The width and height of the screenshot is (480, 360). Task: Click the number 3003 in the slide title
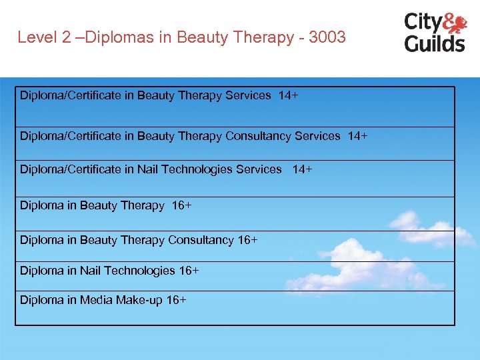coord(327,37)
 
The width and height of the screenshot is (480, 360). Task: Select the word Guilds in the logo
coord(434,43)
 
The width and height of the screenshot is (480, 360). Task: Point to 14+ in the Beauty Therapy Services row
coord(288,95)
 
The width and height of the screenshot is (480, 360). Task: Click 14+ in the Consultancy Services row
coord(357,136)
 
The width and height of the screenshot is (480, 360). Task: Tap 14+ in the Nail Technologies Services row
coord(302,169)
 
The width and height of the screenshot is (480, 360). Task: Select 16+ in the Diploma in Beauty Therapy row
coord(181,205)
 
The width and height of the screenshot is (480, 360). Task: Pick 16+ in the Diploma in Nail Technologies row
coord(189,270)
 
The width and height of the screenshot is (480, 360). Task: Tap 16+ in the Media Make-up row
coord(176,300)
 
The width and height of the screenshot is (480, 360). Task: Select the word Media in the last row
coord(96,300)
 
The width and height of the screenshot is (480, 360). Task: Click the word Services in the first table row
coord(248,95)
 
